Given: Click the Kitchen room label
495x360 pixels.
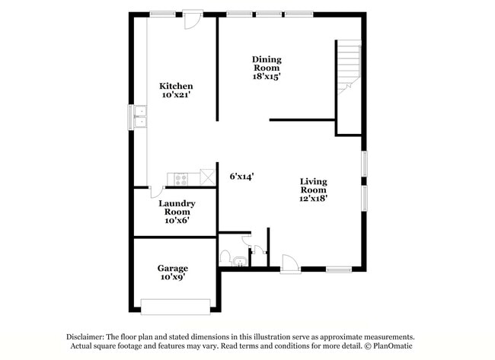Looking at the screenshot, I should point(175,86).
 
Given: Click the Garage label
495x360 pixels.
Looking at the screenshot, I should point(173,268).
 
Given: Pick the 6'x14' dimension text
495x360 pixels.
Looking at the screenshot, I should point(241,176).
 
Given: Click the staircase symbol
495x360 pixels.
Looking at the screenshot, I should point(348,65).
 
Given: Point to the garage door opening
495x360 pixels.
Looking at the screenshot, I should point(176,307).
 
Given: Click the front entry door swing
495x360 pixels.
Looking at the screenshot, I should point(289,263).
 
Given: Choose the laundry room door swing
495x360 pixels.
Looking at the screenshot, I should point(157,192).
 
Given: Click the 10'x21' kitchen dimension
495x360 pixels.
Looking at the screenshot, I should point(175,95).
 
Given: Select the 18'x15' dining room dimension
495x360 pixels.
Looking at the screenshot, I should point(267,76).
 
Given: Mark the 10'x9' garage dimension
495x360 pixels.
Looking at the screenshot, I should point(173,277).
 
